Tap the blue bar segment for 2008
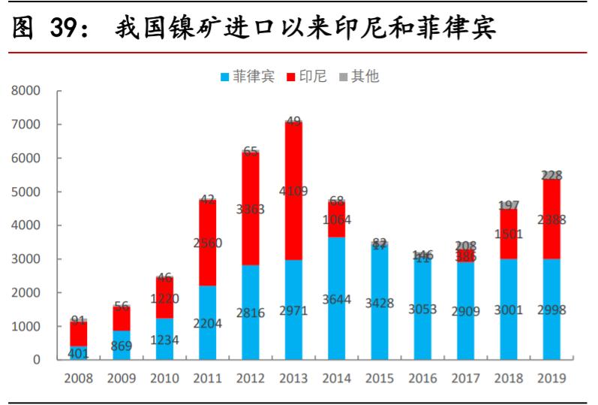click(x=78, y=352)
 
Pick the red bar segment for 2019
click(x=551, y=219)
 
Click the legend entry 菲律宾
click(x=248, y=76)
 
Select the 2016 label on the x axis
click(x=423, y=379)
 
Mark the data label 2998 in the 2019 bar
click(x=551, y=310)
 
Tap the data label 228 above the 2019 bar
click(x=551, y=175)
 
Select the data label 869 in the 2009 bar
click(x=122, y=347)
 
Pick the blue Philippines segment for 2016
click(x=423, y=308)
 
